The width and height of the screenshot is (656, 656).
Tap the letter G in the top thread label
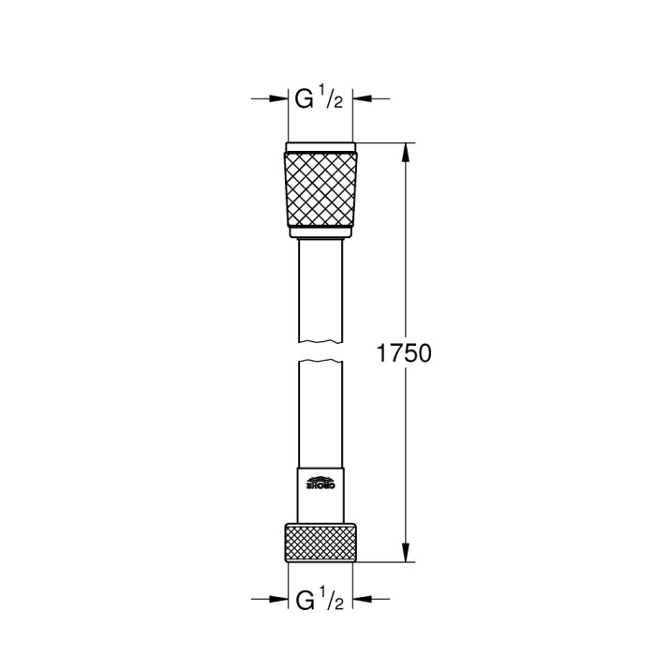[304, 97]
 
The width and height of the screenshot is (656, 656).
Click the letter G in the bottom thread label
[304, 597]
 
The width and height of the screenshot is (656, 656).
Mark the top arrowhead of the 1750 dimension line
[406, 150]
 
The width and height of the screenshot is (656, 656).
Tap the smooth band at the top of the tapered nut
[320, 147]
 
